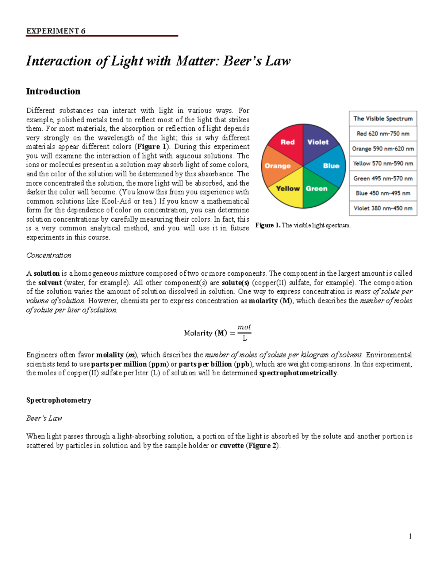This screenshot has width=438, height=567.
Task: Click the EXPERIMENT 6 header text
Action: [55, 31]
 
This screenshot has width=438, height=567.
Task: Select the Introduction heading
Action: [53, 91]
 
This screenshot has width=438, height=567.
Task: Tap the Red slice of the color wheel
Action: [287, 142]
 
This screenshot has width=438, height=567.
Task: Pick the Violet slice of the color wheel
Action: [318, 142]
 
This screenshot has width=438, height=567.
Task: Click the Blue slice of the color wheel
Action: [331, 166]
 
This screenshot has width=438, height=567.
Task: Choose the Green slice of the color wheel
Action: [316, 189]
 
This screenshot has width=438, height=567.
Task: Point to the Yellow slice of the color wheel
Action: [288, 189]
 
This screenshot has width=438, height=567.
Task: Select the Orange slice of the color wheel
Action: [277, 166]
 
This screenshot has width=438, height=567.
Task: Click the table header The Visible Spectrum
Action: [383, 119]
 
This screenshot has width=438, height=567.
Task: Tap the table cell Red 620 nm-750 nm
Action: [383, 134]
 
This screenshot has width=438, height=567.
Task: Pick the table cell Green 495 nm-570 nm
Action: [383, 179]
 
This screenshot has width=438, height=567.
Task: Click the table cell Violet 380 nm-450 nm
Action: [383, 208]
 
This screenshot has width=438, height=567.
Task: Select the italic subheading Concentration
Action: [49, 255]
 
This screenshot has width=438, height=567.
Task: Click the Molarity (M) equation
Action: [218, 333]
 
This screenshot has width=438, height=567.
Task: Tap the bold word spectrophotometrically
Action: [298, 373]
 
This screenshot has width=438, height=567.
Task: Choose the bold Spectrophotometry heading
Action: [58, 400]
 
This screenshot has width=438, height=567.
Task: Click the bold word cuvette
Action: [231, 445]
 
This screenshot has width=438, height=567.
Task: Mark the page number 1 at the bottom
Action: [410, 536]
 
